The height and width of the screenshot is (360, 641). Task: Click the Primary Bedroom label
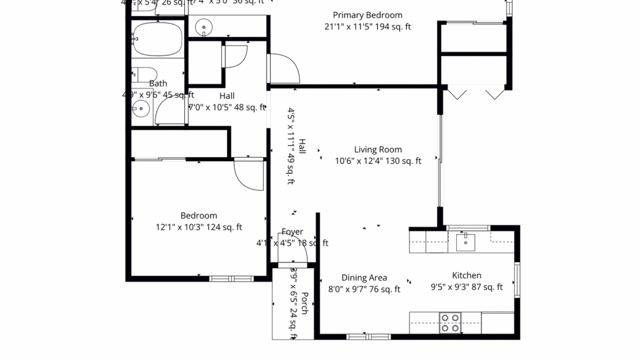tap(367, 15)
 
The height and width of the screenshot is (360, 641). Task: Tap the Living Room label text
tap(378, 150)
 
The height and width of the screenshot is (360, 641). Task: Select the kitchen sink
tap(465, 242)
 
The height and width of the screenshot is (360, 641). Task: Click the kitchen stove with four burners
tap(450, 322)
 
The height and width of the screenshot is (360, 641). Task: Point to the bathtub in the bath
tap(157, 39)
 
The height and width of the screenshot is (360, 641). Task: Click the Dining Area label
tap(364, 278)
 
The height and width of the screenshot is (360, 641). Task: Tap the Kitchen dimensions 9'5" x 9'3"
tap(467, 287)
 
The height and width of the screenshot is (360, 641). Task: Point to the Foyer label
tap(292, 232)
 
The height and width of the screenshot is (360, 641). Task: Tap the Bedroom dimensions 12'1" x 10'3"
tap(199, 227)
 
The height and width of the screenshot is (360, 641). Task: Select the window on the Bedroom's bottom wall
tap(231, 279)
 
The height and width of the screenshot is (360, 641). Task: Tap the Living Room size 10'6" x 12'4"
tap(378, 161)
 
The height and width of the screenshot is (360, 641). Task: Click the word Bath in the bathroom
tap(158, 84)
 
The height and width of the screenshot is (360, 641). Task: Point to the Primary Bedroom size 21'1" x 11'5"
tap(367, 27)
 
